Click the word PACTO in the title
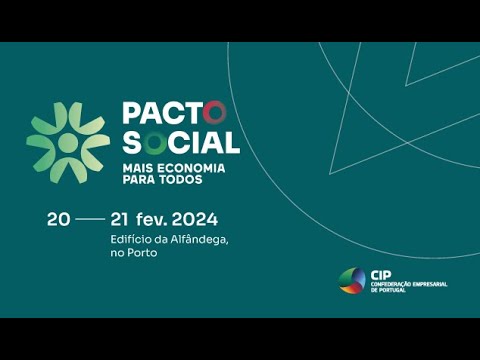(x=175, y=112)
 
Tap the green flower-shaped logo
(x=68, y=141)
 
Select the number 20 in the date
(x=58, y=219)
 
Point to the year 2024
(x=194, y=219)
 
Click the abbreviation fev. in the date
(x=151, y=219)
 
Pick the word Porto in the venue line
(x=143, y=253)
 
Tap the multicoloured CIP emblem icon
(x=352, y=281)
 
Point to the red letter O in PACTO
(x=218, y=112)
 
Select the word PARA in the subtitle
(x=138, y=180)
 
